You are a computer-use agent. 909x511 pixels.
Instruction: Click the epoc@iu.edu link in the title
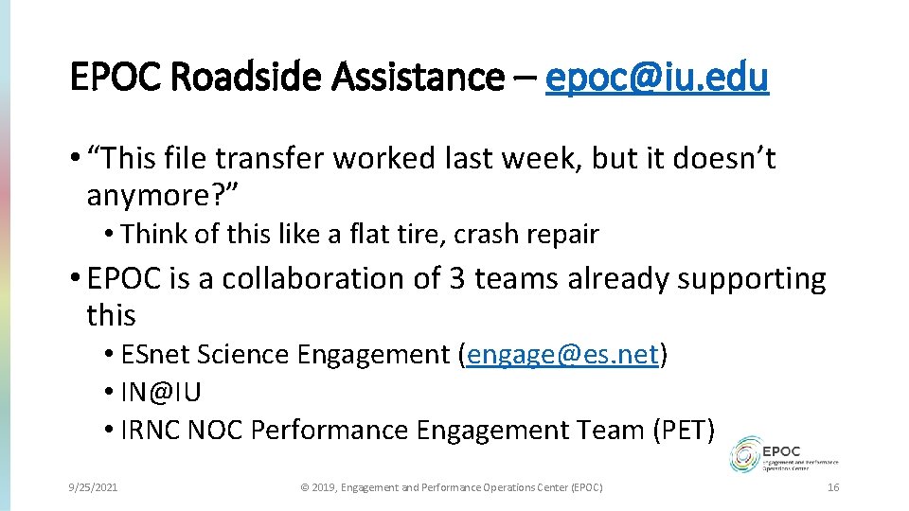[657, 77]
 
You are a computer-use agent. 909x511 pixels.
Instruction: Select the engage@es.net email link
[563, 355]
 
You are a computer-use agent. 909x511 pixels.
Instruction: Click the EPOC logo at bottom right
[783, 454]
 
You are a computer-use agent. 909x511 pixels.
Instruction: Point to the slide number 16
[833, 487]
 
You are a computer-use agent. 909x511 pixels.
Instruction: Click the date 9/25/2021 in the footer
[93, 487]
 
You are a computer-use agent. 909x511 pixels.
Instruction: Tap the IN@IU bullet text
[161, 392]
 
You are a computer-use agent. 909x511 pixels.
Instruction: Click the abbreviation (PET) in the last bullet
[683, 430]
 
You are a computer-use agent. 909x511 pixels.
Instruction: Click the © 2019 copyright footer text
[451, 487]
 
